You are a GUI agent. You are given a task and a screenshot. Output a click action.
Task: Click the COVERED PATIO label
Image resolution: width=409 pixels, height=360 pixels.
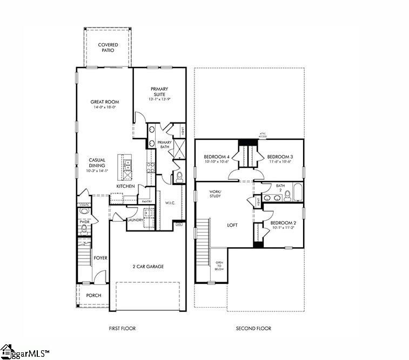[108, 47]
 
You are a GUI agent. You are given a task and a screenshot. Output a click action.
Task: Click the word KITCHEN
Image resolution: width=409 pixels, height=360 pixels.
[125, 186]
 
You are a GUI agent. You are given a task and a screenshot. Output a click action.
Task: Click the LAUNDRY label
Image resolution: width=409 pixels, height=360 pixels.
[135, 220]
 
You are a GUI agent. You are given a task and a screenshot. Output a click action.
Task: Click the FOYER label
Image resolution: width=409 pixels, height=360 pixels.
[100, 258]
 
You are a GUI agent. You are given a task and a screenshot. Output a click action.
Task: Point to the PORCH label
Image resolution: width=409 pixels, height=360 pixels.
[93, 295]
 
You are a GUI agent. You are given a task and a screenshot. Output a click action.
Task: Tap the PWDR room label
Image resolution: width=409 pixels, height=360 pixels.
[84, 221]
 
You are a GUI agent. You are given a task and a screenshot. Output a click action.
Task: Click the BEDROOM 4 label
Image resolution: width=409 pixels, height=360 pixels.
[217, 156]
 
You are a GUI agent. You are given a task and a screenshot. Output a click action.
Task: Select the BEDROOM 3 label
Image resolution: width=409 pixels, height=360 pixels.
[279, 156]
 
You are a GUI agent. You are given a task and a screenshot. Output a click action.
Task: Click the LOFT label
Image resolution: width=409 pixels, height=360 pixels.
[233, 225]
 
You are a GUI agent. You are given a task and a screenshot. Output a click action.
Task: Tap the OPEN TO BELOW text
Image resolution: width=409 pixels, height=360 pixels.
[219, 266]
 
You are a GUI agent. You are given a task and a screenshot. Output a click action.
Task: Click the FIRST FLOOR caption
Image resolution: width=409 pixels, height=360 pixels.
[122, 328]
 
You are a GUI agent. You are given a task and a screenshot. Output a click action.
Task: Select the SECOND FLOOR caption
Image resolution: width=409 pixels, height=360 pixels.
[253, 328]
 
